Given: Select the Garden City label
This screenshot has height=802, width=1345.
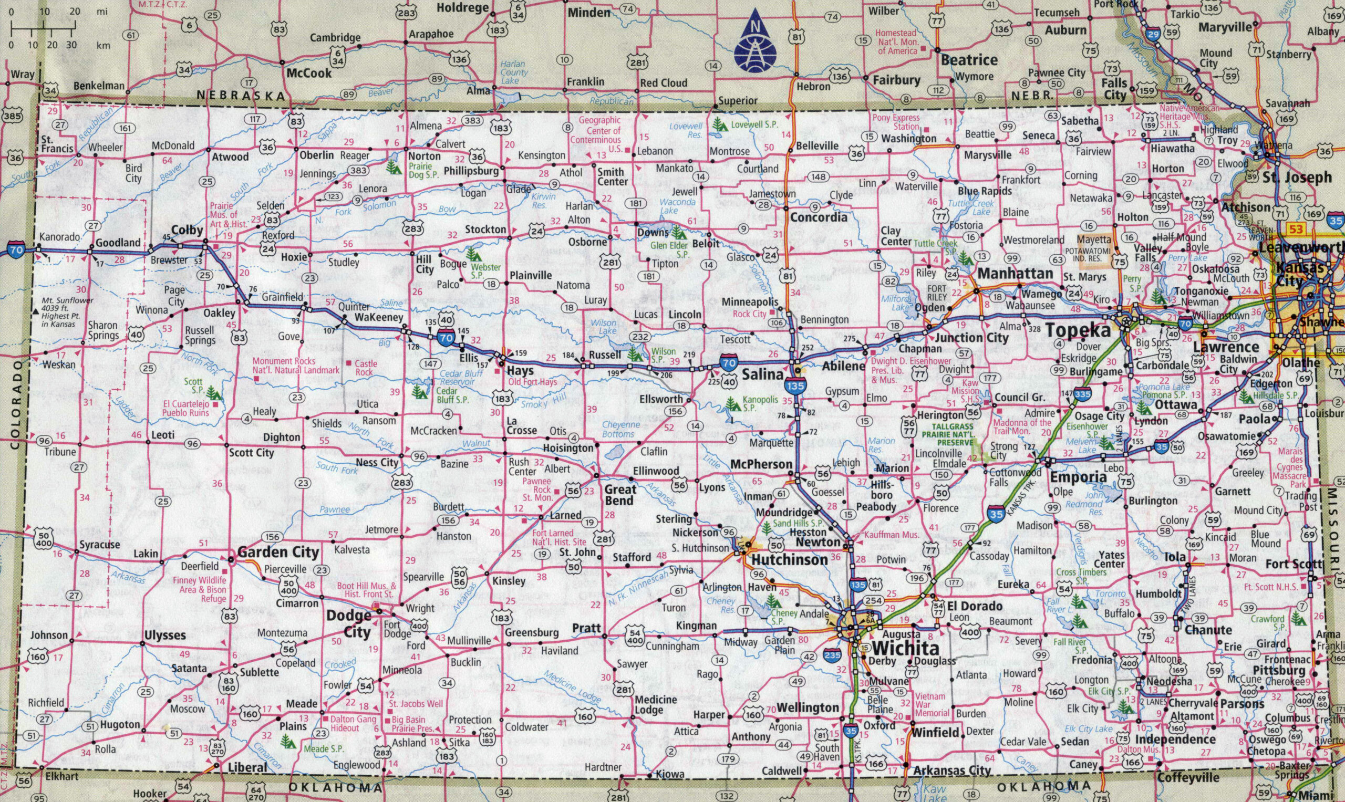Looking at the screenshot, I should [x=278, y=553].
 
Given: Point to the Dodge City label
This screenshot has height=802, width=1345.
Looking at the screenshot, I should [x=349, y=623].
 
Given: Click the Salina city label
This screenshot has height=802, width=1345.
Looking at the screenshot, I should [x=762, y=374].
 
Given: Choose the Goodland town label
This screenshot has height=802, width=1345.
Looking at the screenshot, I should [x=118, y=243].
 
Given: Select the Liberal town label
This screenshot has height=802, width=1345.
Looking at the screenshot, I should [x=247, y=767].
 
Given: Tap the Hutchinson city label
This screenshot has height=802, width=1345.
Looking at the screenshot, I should [x=789, y=559].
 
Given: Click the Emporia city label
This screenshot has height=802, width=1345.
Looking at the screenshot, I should [x=1079, y=477].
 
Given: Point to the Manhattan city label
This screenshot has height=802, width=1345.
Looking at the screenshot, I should [x=1015, y=274].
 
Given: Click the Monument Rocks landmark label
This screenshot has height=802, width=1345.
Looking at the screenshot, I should [x=296, y=366].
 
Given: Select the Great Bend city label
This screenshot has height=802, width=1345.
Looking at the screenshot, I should [x=619, y=495].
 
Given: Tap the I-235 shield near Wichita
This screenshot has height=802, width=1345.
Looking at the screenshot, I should [x=833, y=656].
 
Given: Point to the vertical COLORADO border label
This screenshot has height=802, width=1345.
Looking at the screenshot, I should [x=15, y=405].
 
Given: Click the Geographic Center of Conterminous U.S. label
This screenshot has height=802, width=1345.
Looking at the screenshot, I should [x=600, y=134].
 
